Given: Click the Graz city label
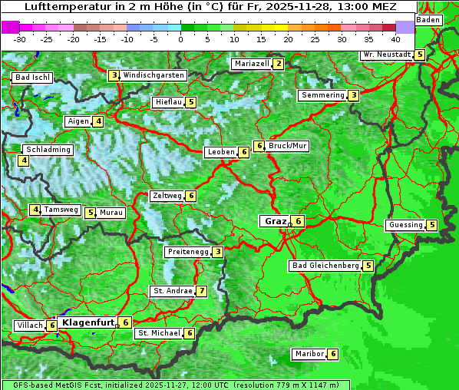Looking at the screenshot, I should tap(275, 221).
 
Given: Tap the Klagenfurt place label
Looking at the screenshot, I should tap(87, 322).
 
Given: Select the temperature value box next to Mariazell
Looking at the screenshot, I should tap(278, 64).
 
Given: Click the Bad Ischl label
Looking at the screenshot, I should tap(32, 78).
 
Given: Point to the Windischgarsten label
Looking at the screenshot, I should tap(154, 75).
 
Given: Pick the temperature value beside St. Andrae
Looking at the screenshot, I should tap(201, 291).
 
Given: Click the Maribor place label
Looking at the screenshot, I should tap(308, 354).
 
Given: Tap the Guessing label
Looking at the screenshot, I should tap(405, 225).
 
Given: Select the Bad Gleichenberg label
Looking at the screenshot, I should tap(325, 266).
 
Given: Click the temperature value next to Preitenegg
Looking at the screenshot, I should tap(218, 252).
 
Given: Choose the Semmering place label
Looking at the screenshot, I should tap(322, 95).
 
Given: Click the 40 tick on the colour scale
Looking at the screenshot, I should tap(395, 38).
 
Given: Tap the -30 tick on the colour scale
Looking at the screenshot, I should tap(20, 38).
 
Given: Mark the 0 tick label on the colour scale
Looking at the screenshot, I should tap(181, 38).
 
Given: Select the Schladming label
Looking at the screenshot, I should tap(48, 150).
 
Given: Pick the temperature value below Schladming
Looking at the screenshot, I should tap(24, 160).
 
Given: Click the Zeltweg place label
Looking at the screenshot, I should tap(167, 196).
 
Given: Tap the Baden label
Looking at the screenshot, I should tap(429, 19).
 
